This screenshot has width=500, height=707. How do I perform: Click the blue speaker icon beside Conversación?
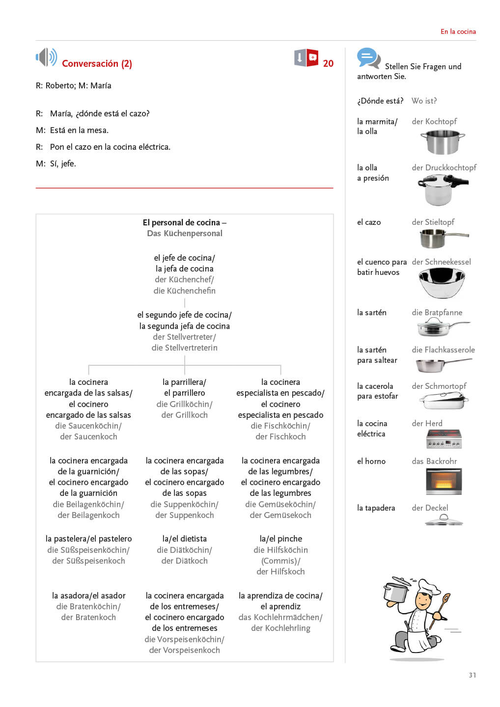pyautogui.click(x=47, y=57)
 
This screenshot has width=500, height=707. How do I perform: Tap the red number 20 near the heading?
pyautogui.click(x=328, y=63)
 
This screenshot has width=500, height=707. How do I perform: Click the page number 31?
pyautogui.click(x=472, y=675)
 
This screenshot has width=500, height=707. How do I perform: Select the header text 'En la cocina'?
pyautogui.click(x=458, y=31)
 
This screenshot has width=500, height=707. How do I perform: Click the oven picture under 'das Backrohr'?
pyautogui.click(x=444, y=481)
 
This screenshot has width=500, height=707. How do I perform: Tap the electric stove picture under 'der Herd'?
pyautogui.click(x=444, y=438)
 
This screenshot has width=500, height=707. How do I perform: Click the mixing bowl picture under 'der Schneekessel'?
pyautogui.click(x=442, y=282)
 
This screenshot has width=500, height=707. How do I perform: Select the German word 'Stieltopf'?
pyautogui.click(x=440, y=222)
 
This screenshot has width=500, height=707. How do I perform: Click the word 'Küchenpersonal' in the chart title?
pyautogui.click(x=193, y=233)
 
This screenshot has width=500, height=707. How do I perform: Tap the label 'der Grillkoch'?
pyautogui.click(x=184, y=415)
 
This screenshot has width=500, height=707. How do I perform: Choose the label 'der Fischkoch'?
pyautogui.click(x=280, y=436)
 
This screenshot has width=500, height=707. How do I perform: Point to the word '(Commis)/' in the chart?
pyautogui.click(x=280, y=561)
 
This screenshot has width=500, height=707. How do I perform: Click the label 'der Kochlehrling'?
pyautogui.click(x=280, y=628)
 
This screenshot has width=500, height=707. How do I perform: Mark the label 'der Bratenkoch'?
pyautogui.click(x=88, y=617)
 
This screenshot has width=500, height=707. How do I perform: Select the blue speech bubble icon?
pyautogui.click(x=368, y=58)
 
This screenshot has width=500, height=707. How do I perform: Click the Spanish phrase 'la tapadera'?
pyautogui.click(x=376, y=508)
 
